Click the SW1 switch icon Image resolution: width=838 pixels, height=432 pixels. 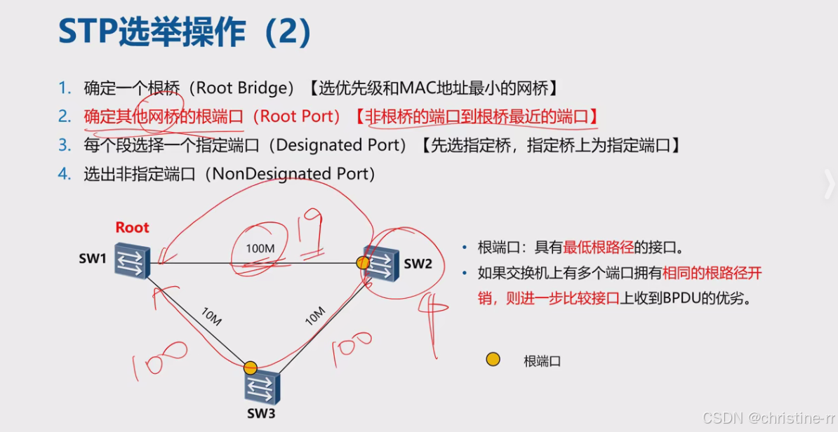(132, 261)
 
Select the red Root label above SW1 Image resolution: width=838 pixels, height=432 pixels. (132, 227)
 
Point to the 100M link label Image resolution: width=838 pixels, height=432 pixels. (261, 248)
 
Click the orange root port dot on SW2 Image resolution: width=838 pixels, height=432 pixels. (362, 263)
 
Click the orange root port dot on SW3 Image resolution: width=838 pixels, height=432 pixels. (251, 367)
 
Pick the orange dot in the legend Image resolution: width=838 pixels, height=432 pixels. (493, 360)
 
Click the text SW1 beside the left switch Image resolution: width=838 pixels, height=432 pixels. (92, 259)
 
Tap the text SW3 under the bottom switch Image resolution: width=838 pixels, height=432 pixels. (260, 413)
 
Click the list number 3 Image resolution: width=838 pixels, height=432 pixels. (65, 145)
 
